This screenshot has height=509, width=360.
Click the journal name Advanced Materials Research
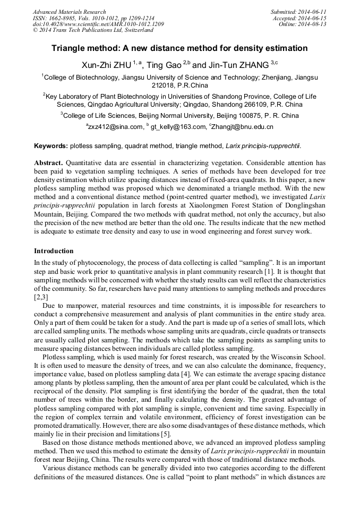69,12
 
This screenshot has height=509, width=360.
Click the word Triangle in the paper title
72,48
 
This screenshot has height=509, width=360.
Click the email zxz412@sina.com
116,127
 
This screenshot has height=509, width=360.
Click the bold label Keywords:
51,145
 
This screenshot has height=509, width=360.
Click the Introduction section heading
54,251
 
